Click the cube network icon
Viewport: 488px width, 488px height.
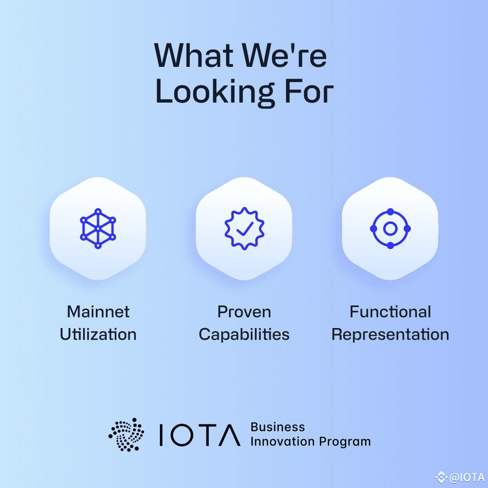[98, 228]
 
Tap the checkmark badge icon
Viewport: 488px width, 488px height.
[244, 228]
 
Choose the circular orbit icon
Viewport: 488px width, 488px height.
[390, 228]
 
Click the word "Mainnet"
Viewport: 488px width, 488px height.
[98, 312]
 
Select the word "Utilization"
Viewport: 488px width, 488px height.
[98, 335]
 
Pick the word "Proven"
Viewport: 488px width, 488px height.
[244, 312]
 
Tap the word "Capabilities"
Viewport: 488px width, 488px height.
[244, 335]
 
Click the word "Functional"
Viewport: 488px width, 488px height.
[390, 312]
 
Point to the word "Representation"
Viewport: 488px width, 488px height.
[390, 335]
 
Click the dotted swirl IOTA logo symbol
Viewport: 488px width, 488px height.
[127, 434]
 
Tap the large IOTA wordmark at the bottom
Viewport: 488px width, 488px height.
[199, 435]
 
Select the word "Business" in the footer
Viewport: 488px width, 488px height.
[277, 427]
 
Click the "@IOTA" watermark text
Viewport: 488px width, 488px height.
[466, 477]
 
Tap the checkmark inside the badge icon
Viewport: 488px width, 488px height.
[244, 229]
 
